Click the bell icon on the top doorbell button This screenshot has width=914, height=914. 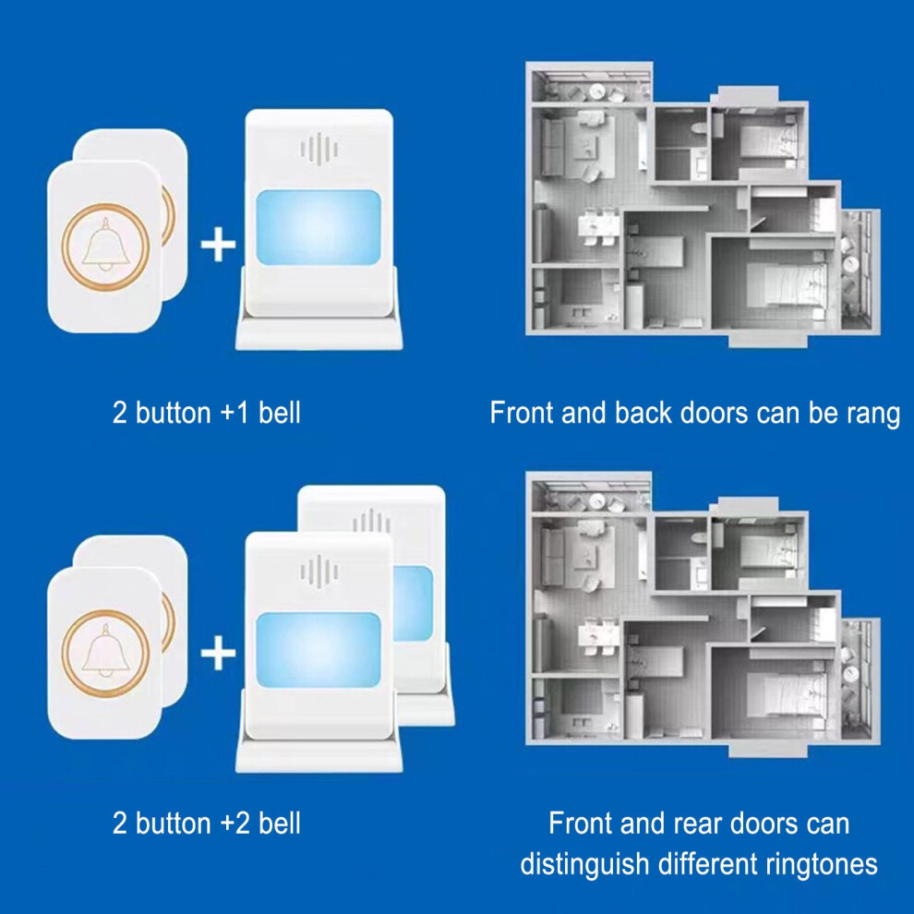pos(105,245)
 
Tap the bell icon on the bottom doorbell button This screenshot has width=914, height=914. pos(105,651)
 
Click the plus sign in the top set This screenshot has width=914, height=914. pos(218,245)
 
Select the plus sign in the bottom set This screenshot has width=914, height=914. pos(218,653)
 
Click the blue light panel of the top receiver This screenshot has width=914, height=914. pos(319,227)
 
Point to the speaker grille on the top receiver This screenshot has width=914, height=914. pos(319,150)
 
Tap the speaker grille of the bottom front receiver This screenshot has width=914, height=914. pos(319,571)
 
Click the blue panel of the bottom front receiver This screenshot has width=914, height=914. pos(319,649)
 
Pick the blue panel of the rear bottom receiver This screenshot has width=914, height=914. pos(413,604)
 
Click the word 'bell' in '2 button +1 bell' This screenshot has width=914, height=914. pos(280,413)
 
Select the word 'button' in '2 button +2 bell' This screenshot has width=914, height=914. pos(174,824)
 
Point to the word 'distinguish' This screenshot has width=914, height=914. pos(584,864)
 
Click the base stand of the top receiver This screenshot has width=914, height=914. pos(319,331)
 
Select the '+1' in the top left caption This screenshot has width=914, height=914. pos(235,413)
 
